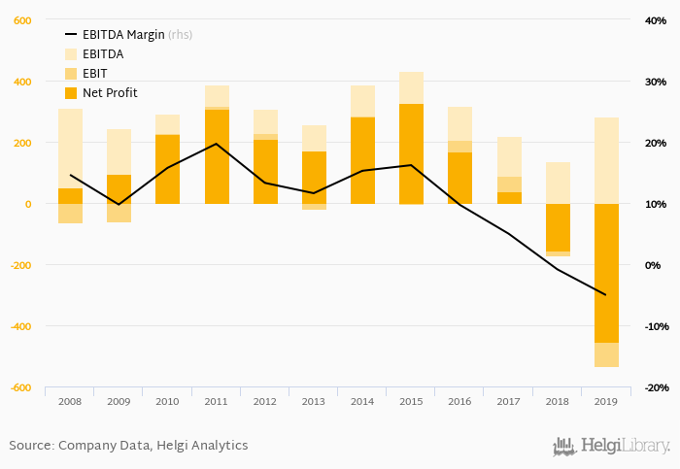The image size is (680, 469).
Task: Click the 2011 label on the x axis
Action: [216, 400]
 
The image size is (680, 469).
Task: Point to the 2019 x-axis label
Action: [605, 400]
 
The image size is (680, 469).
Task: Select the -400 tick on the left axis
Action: [20, 326]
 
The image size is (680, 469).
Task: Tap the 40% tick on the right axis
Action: [655, 20]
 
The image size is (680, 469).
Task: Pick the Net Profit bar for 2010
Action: [167, 169]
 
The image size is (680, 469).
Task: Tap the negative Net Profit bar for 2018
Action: [558, 227]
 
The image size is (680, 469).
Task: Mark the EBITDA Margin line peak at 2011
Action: [216, 144]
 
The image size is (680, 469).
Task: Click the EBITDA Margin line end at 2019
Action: [606, 295]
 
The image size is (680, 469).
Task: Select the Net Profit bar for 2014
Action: [362, 160]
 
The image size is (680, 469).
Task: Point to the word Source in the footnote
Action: [31, 446]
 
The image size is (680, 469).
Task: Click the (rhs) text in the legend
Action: [180, 35]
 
